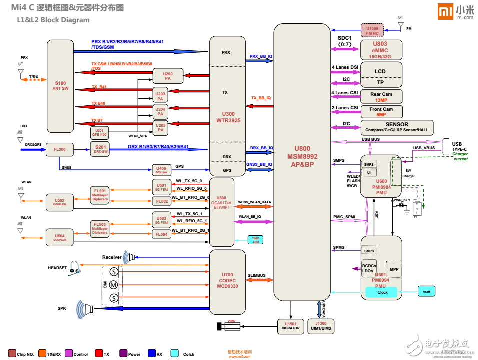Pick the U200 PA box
click(x=168, y=76)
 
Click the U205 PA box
click(x=160, y=127)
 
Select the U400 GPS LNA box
click(x=161, y=169)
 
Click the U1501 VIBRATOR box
click(x=290, y=326)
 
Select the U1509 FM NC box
click(x=372, y=30)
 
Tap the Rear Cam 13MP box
click(x=381, y=96)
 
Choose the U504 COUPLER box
click(x=59, y=237)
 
